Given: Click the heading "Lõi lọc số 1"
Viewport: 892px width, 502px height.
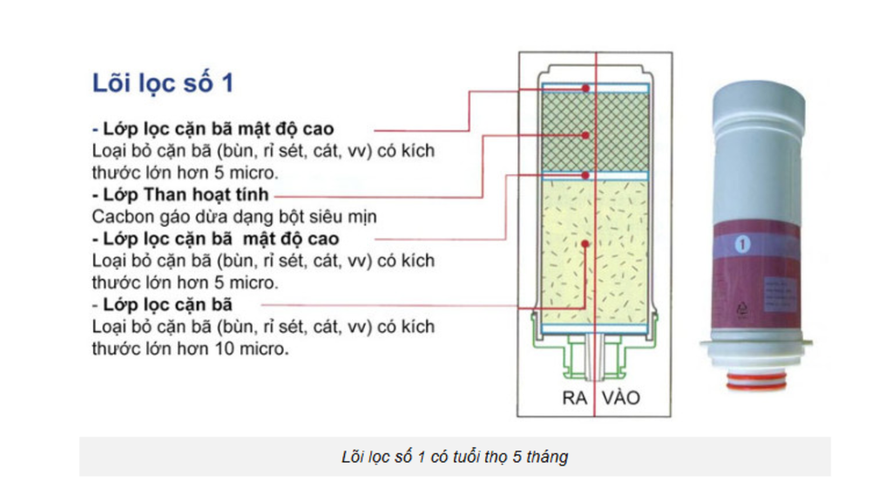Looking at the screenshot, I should (x=163, y=84).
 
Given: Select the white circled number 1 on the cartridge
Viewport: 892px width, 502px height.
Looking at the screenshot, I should (x=743, y=245).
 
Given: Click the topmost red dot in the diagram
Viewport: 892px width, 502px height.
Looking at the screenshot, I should (x=587, y=88).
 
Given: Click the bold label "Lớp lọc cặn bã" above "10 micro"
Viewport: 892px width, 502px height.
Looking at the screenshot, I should (x=167, y=304).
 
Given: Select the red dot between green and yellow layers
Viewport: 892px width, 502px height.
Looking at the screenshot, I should (x=587, y=175).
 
